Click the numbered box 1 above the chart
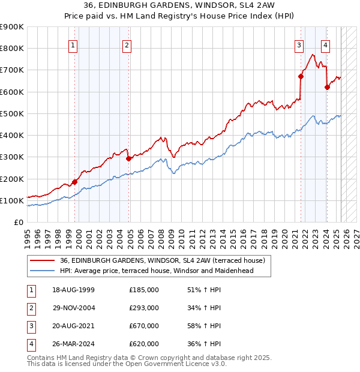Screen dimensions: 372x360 click(73, 44)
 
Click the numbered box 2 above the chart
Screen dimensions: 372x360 click(128, 44)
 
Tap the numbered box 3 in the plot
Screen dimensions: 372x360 click(299, 44)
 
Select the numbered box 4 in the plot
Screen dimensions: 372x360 click(325, 44)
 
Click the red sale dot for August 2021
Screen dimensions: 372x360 click(301, 76)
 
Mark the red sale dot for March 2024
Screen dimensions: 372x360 click(327, 87)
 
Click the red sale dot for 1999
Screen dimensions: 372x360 click(75, 182)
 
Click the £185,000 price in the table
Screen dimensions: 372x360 click(143, 290)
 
